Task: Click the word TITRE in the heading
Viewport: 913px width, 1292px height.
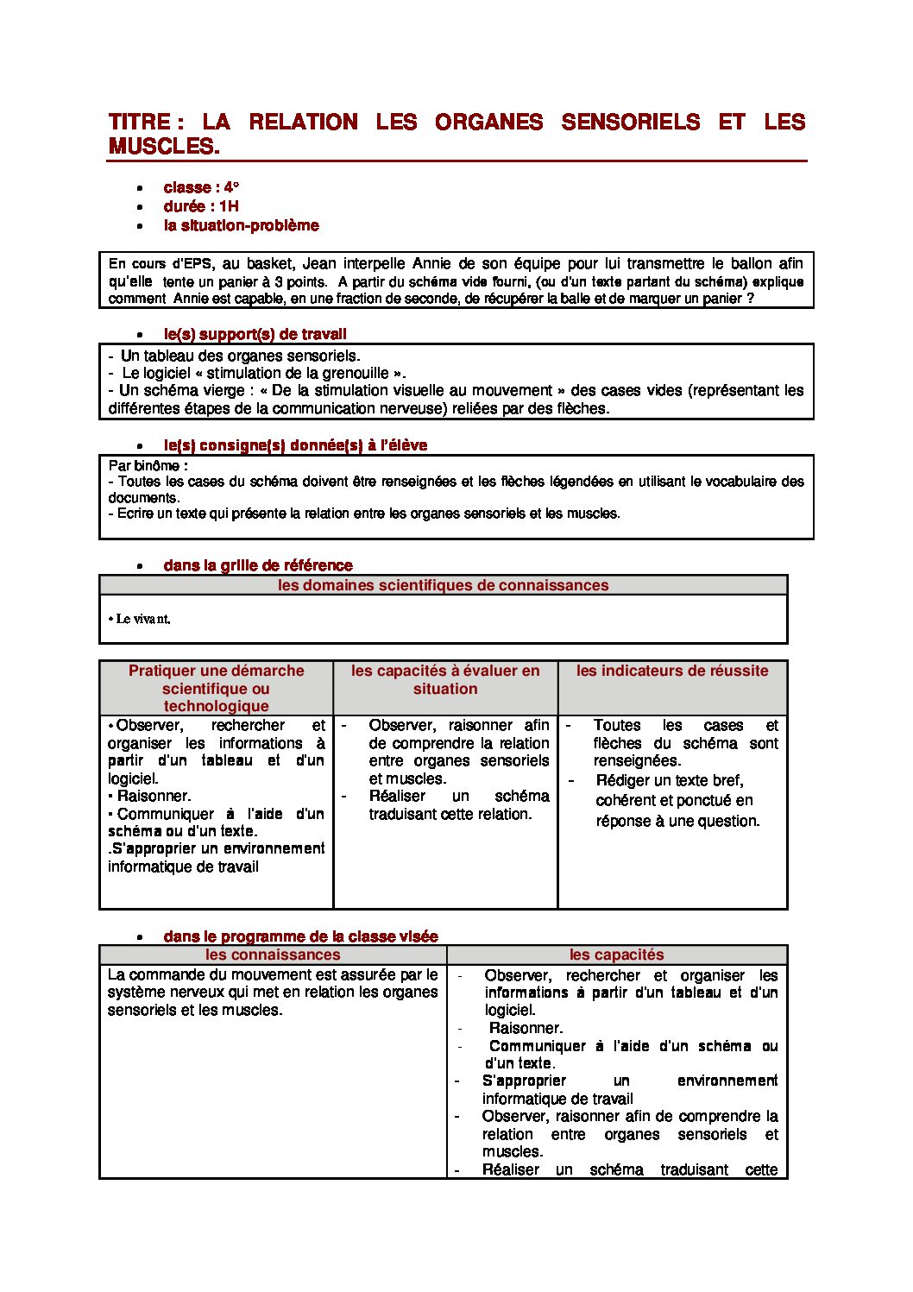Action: (x=139, y=123)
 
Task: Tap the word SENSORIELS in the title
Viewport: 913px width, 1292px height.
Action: (x=630, y=123)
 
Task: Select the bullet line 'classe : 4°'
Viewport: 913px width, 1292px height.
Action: (x=201, y=187)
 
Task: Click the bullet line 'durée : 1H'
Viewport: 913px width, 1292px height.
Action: (x=201, y=206)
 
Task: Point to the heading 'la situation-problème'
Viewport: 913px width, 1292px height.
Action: (x=241, y=225)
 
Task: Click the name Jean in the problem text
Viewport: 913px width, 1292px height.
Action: (x=319, y=263)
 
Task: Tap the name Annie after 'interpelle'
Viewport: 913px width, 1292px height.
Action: (x=431, y=263)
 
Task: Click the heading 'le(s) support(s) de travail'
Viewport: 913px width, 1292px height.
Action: (x=255, y=334)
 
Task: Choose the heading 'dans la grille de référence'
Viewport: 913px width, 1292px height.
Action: (x=257, y=565)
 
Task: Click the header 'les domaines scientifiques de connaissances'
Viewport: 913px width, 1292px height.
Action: (x=443, y=585)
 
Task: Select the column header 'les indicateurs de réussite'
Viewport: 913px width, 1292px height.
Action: (x=672, y=671)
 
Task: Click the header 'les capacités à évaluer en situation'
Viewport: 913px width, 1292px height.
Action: (x=445, y=679)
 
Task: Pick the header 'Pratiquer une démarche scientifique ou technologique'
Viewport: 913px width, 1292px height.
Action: (x=216, y=688)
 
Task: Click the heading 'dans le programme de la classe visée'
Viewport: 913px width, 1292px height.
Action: (x=300, y=936)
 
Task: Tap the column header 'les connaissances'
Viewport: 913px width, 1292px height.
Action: (x=273, y=955)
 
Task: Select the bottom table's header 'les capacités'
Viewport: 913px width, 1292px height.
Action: (x=616, y=955)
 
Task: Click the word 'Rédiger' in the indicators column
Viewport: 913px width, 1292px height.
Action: (x=624, y=780)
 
